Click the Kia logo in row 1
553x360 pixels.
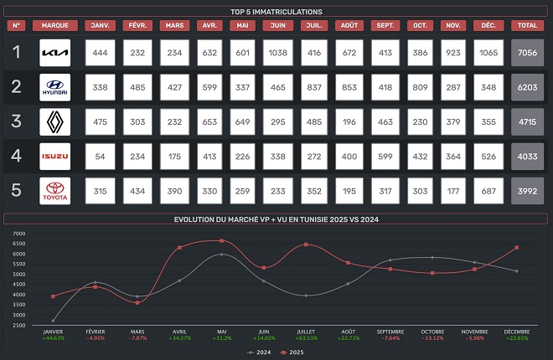point(55,53)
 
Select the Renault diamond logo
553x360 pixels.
point(55,121)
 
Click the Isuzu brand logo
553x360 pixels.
point(55,157)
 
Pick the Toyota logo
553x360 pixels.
point(55,191)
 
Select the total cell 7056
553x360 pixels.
point(528,53)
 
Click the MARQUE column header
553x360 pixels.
point(55,25)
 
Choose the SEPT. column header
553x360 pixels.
point(386,25)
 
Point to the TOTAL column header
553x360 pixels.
point(528,25)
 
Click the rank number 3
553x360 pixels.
point(16,121)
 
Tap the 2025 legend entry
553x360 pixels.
point(294,352)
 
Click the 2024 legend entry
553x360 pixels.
point(259,352)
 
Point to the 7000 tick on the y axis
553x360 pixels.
point(19,234)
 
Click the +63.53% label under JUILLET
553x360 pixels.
point(307,338)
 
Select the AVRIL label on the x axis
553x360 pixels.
point(179,332)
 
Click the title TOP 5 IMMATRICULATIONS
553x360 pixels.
point(276,12)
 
